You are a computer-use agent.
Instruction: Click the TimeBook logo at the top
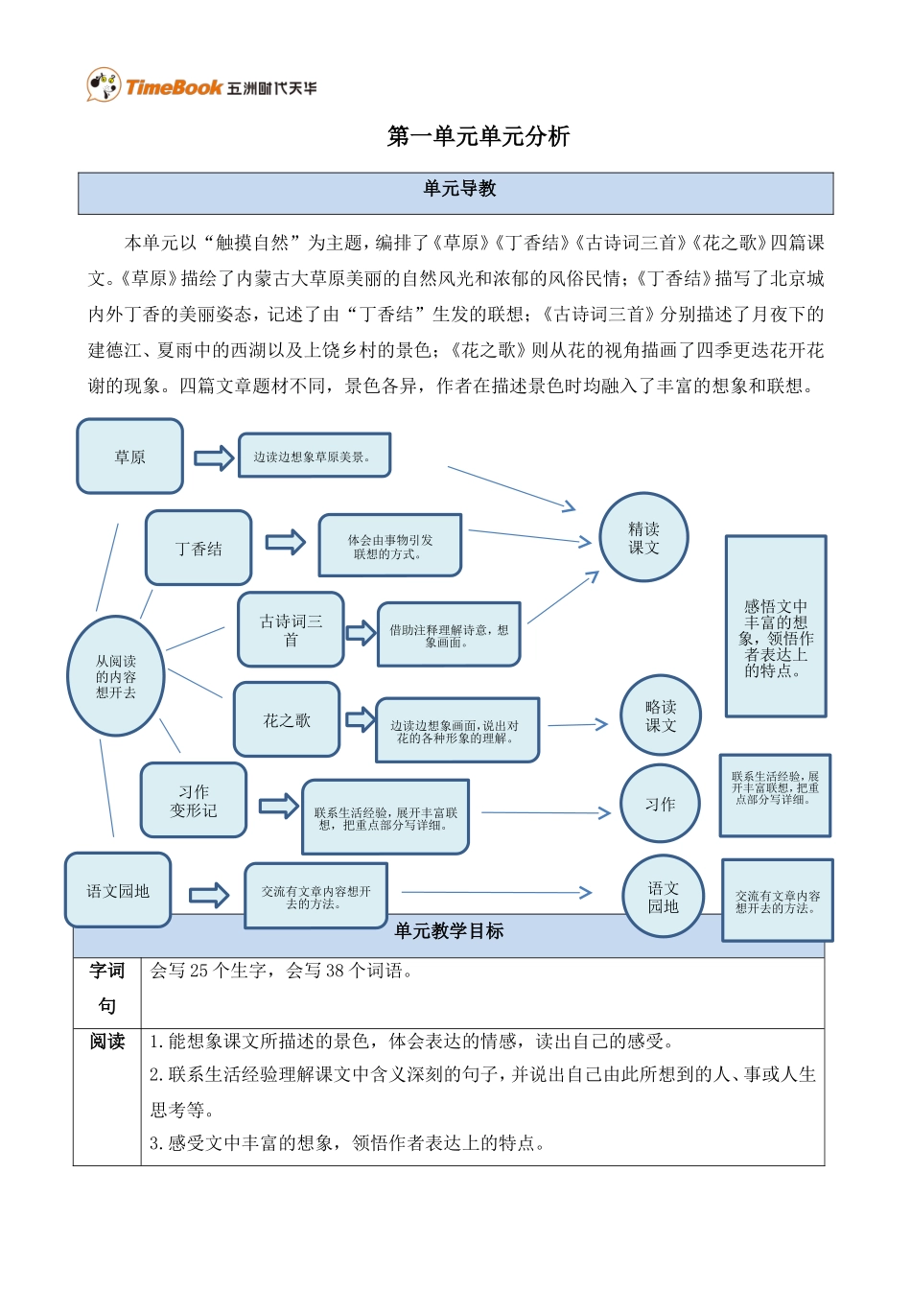click(200, 86)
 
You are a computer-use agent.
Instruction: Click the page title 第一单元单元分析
click(478, 136)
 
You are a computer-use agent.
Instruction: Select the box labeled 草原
click(129, 457)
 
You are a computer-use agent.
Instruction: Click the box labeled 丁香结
click(199, 548)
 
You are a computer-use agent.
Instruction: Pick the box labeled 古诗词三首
click(291, 630)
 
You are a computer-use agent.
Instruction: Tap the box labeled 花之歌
click(287, 719)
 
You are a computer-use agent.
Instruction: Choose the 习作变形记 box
click(193, 801)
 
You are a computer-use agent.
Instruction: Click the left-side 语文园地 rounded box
click(118, 891)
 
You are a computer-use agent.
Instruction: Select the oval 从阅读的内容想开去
click(116, 676)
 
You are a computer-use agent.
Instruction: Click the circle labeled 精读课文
click(643, 537)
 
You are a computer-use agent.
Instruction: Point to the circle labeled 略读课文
click(660, 715)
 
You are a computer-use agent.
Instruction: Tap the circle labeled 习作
click(660, 804)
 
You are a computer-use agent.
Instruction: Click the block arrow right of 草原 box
click(214, 458)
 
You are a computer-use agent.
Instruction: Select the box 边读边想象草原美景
click(315, 456)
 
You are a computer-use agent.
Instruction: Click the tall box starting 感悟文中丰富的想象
click(776, 626)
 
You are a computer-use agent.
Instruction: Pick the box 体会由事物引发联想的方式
click(389, 547)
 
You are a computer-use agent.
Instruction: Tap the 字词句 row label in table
click(106, 989)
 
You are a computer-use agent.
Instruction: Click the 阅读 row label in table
click(106, 1042)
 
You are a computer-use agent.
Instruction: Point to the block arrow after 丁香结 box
click(285, 543)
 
